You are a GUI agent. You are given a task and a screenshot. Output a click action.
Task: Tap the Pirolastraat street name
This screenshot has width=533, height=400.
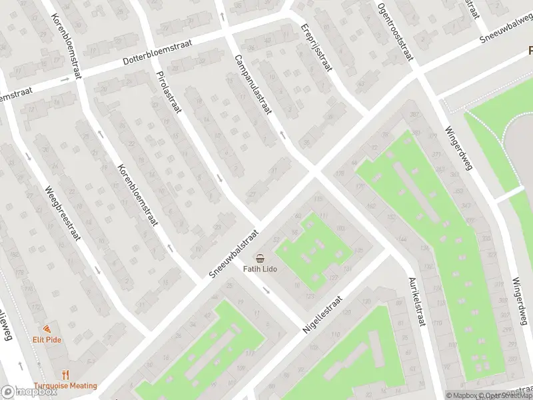click(x=168, y=93)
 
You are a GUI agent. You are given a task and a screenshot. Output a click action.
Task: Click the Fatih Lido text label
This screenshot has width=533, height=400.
click(x=260, y=269)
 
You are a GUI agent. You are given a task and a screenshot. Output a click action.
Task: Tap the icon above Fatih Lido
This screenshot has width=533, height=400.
click(x=260, y=258)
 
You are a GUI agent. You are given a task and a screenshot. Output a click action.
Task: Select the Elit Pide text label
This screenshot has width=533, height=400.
click(x=47, y=339)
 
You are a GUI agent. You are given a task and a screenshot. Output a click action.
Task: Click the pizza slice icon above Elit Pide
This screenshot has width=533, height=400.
click(x=47, y=329)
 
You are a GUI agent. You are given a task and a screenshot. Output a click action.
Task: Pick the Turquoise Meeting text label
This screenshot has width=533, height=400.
click(x=66, y=385)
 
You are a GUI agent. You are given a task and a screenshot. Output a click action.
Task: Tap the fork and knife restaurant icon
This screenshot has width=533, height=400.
click(x=66, y=375)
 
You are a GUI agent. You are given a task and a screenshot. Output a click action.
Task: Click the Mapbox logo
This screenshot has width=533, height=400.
click(x=29, y=392)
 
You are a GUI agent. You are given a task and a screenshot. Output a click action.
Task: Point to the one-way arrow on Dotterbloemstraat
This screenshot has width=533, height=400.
click(x=65, y=79)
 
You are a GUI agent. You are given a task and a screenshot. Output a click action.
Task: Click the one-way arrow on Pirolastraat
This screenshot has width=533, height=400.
click(x=220, y=178)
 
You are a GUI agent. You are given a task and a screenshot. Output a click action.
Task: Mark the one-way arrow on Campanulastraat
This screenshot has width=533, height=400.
click(x=282, y=135)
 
